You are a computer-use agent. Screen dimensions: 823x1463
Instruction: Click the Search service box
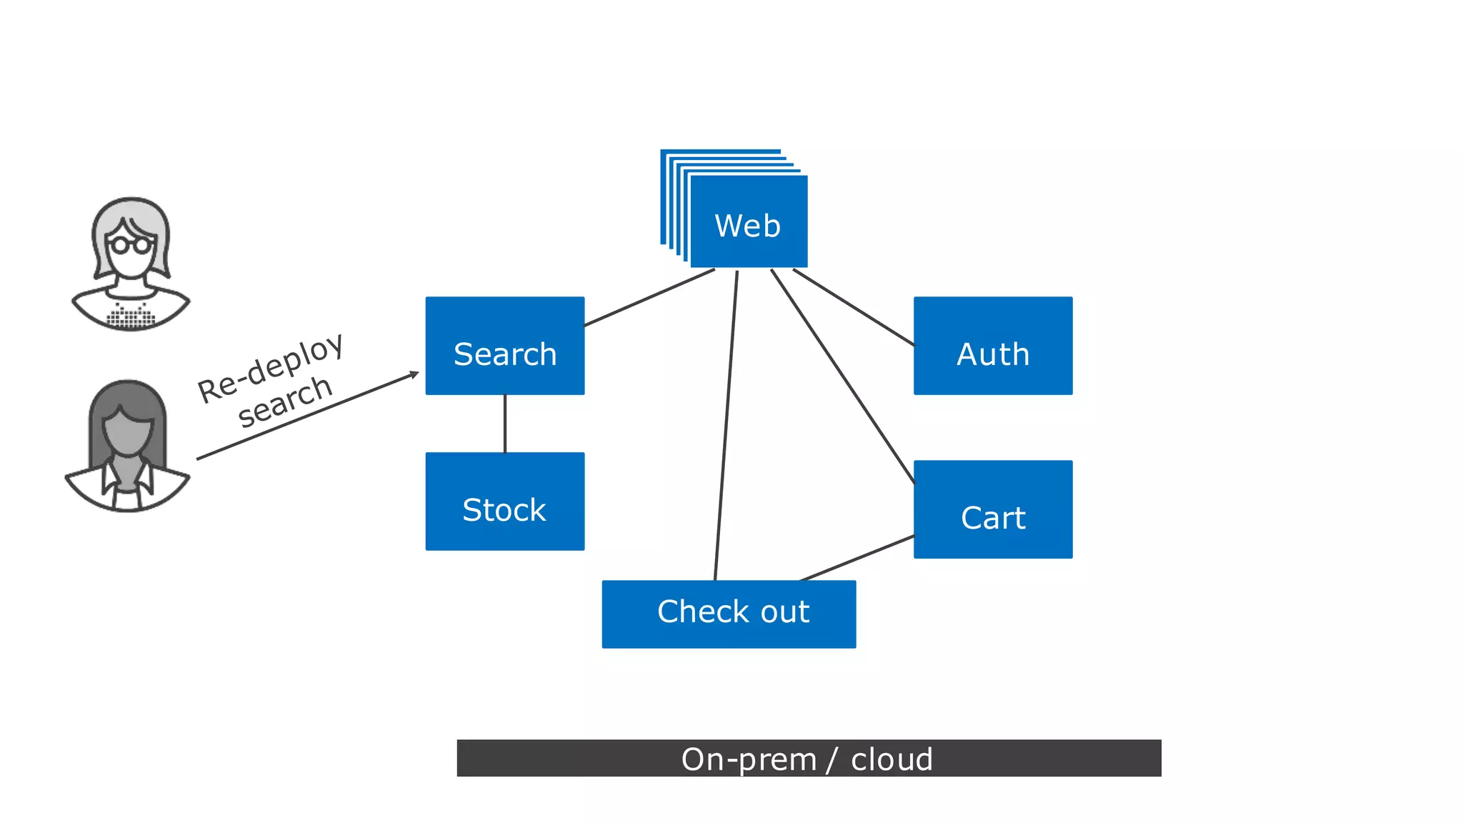(504, 346)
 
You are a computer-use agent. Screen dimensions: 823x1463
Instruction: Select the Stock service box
(504, 501)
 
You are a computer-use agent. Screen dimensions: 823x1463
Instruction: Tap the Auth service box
(992, 346)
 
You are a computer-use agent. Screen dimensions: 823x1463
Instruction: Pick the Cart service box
(992, 509)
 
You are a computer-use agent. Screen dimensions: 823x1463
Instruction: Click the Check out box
(729, 614)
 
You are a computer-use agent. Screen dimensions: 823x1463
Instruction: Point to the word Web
(747, 226)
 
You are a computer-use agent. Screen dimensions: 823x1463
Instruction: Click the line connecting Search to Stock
(505, 423)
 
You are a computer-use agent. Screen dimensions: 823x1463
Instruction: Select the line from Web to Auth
(854, 307)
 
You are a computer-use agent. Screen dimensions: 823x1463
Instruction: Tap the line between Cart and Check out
(857, 558)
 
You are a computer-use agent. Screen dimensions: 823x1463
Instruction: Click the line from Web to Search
(649, 298)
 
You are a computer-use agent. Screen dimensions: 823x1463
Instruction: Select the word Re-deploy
(271, 369)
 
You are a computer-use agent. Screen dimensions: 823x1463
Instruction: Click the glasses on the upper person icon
(131, 245)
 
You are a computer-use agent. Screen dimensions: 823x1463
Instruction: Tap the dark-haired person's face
(127, 433)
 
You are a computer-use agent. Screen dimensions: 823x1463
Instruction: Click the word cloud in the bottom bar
(892, 759)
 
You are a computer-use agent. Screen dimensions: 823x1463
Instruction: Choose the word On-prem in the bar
(748, 759)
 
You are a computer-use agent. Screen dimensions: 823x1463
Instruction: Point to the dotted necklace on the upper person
(131, 316)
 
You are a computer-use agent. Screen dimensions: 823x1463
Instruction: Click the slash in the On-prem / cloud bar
(832, 759)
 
